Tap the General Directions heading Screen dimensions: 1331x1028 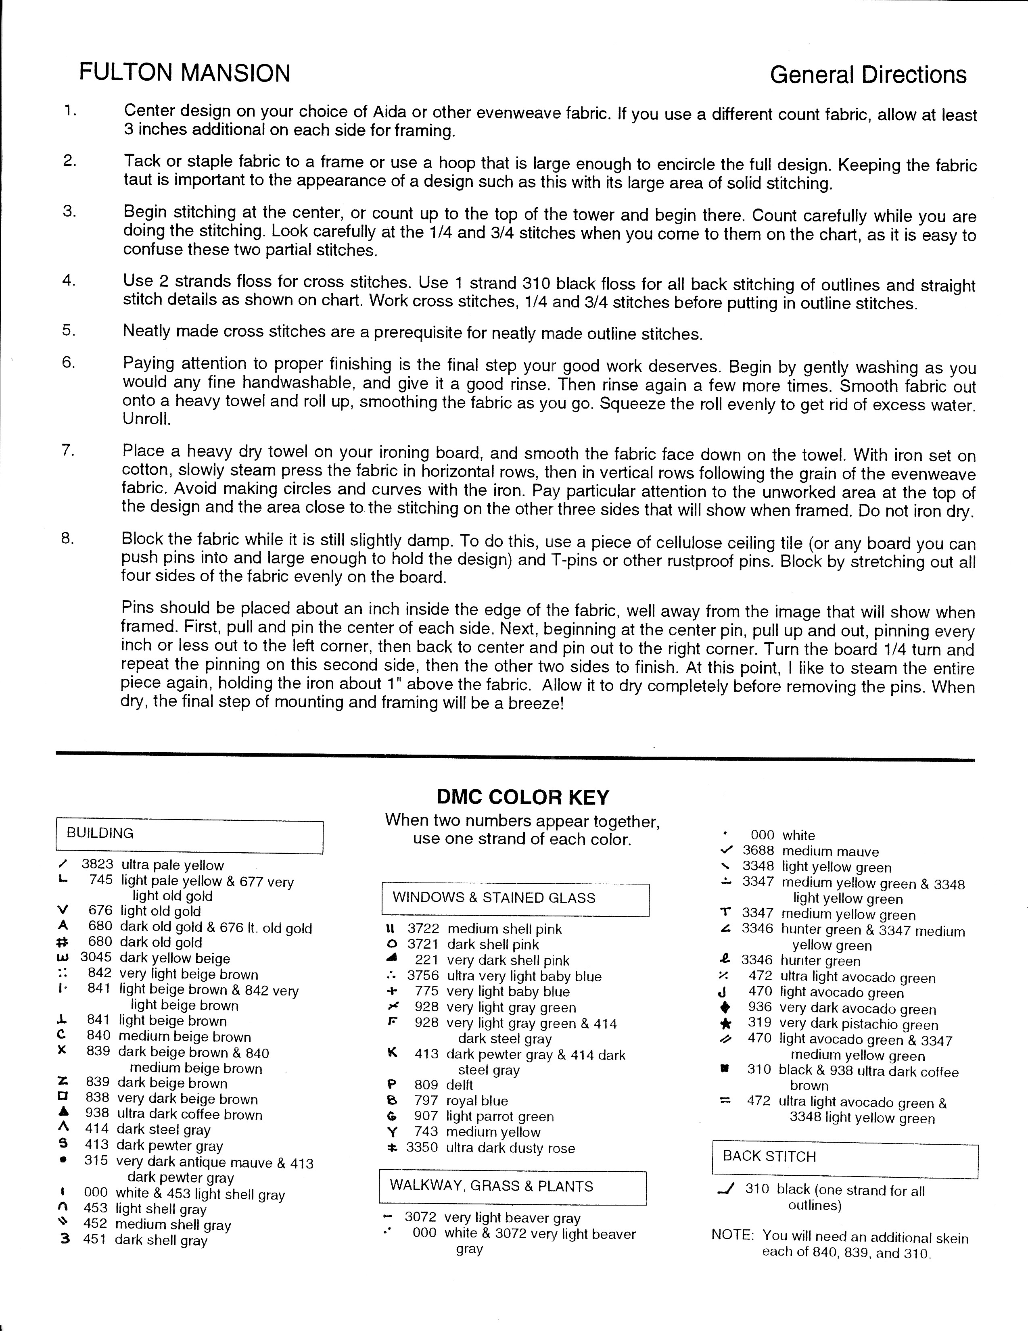click(x=868, y=75)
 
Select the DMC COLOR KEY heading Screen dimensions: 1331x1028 click(x=522, y=797)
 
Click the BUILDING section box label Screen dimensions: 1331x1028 click(x=100, y=833)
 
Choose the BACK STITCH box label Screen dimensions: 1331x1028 click(x=769, y=1156)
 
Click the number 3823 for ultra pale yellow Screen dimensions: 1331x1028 click(x=97, y=864)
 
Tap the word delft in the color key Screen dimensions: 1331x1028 click(x=459, y=1085)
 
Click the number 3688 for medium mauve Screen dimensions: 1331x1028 click(x=758, y=850)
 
